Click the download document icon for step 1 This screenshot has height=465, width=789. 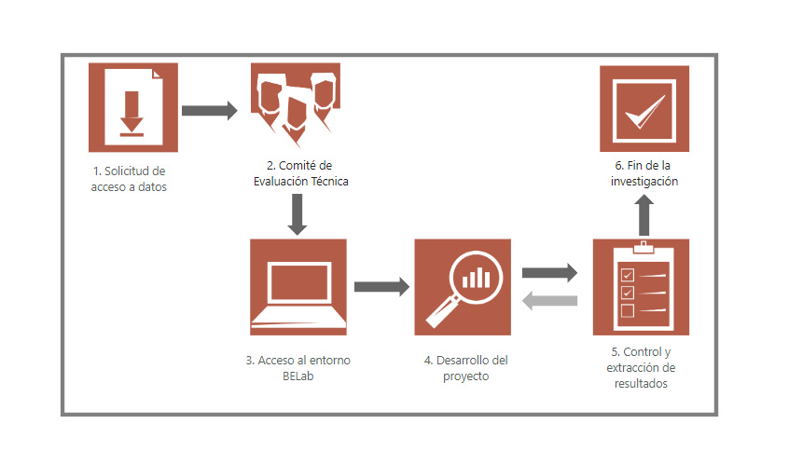point(132,108)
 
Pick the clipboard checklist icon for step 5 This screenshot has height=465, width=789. point(641,287)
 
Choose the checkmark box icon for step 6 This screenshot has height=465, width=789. point(644,108)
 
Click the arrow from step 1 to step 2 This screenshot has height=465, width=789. point(210,110)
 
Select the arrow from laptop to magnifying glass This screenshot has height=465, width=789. point(381,286)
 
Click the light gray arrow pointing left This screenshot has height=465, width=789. point(549,300)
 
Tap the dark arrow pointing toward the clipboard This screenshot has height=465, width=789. point(549,273)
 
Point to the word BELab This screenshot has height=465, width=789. point(298,376)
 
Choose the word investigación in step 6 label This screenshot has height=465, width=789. point(644,182)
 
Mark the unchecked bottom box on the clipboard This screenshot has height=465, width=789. point(628,309)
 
